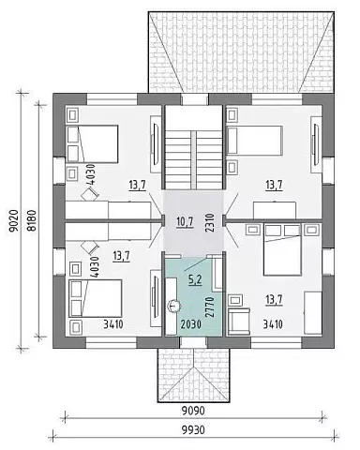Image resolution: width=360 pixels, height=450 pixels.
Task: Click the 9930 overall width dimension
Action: (x=193, y=430)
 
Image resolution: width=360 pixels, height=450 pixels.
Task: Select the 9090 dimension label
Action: (x=193, y=410)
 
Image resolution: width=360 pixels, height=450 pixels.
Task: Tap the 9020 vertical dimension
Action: (x=15, y=220)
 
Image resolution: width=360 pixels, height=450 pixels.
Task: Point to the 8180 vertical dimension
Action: (x=32, y=220)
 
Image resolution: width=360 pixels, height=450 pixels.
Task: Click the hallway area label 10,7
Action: (x=185, y=222)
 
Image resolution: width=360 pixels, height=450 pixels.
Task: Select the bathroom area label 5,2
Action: (x=195, y=279)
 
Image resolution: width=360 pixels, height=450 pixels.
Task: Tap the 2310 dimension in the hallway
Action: (x=210, y=222)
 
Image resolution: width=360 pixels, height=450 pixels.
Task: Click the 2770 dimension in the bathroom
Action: (x=210, y=307)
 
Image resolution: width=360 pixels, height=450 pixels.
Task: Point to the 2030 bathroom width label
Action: (x=191, y=324)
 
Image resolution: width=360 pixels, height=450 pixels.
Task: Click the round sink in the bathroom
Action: (x=172, y=306)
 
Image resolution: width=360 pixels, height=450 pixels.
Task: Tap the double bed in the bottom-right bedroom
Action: (x=282, y=249)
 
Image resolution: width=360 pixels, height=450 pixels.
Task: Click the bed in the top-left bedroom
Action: (x=93, y=144)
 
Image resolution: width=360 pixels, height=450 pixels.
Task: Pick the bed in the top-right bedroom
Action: (x=255, y=141)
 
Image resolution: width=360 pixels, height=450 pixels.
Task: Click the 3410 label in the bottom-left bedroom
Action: (x=113, y=324)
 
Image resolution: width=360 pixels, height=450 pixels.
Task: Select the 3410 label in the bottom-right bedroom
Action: (x=273, y=324)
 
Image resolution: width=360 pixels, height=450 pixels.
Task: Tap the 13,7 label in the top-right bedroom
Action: (x=274, y=185)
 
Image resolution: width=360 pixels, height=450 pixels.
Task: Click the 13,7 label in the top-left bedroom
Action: (x=138, y=185)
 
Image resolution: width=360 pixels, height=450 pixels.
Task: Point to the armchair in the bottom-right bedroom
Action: (x=239, y=321)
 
